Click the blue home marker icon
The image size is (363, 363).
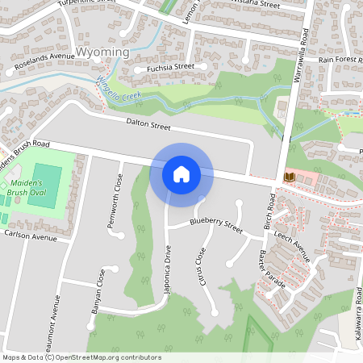[x=181, y=173]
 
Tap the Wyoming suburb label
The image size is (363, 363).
[x=104, y=52]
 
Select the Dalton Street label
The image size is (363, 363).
[x=149, y=125]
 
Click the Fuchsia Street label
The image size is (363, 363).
[x=170, y=68]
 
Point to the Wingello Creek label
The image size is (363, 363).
[x=120, y=86]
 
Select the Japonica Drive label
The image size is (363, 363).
[x=169, y=273]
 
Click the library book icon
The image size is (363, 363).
[x=288, y=177]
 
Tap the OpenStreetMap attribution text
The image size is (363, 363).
[x=81, y=357]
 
